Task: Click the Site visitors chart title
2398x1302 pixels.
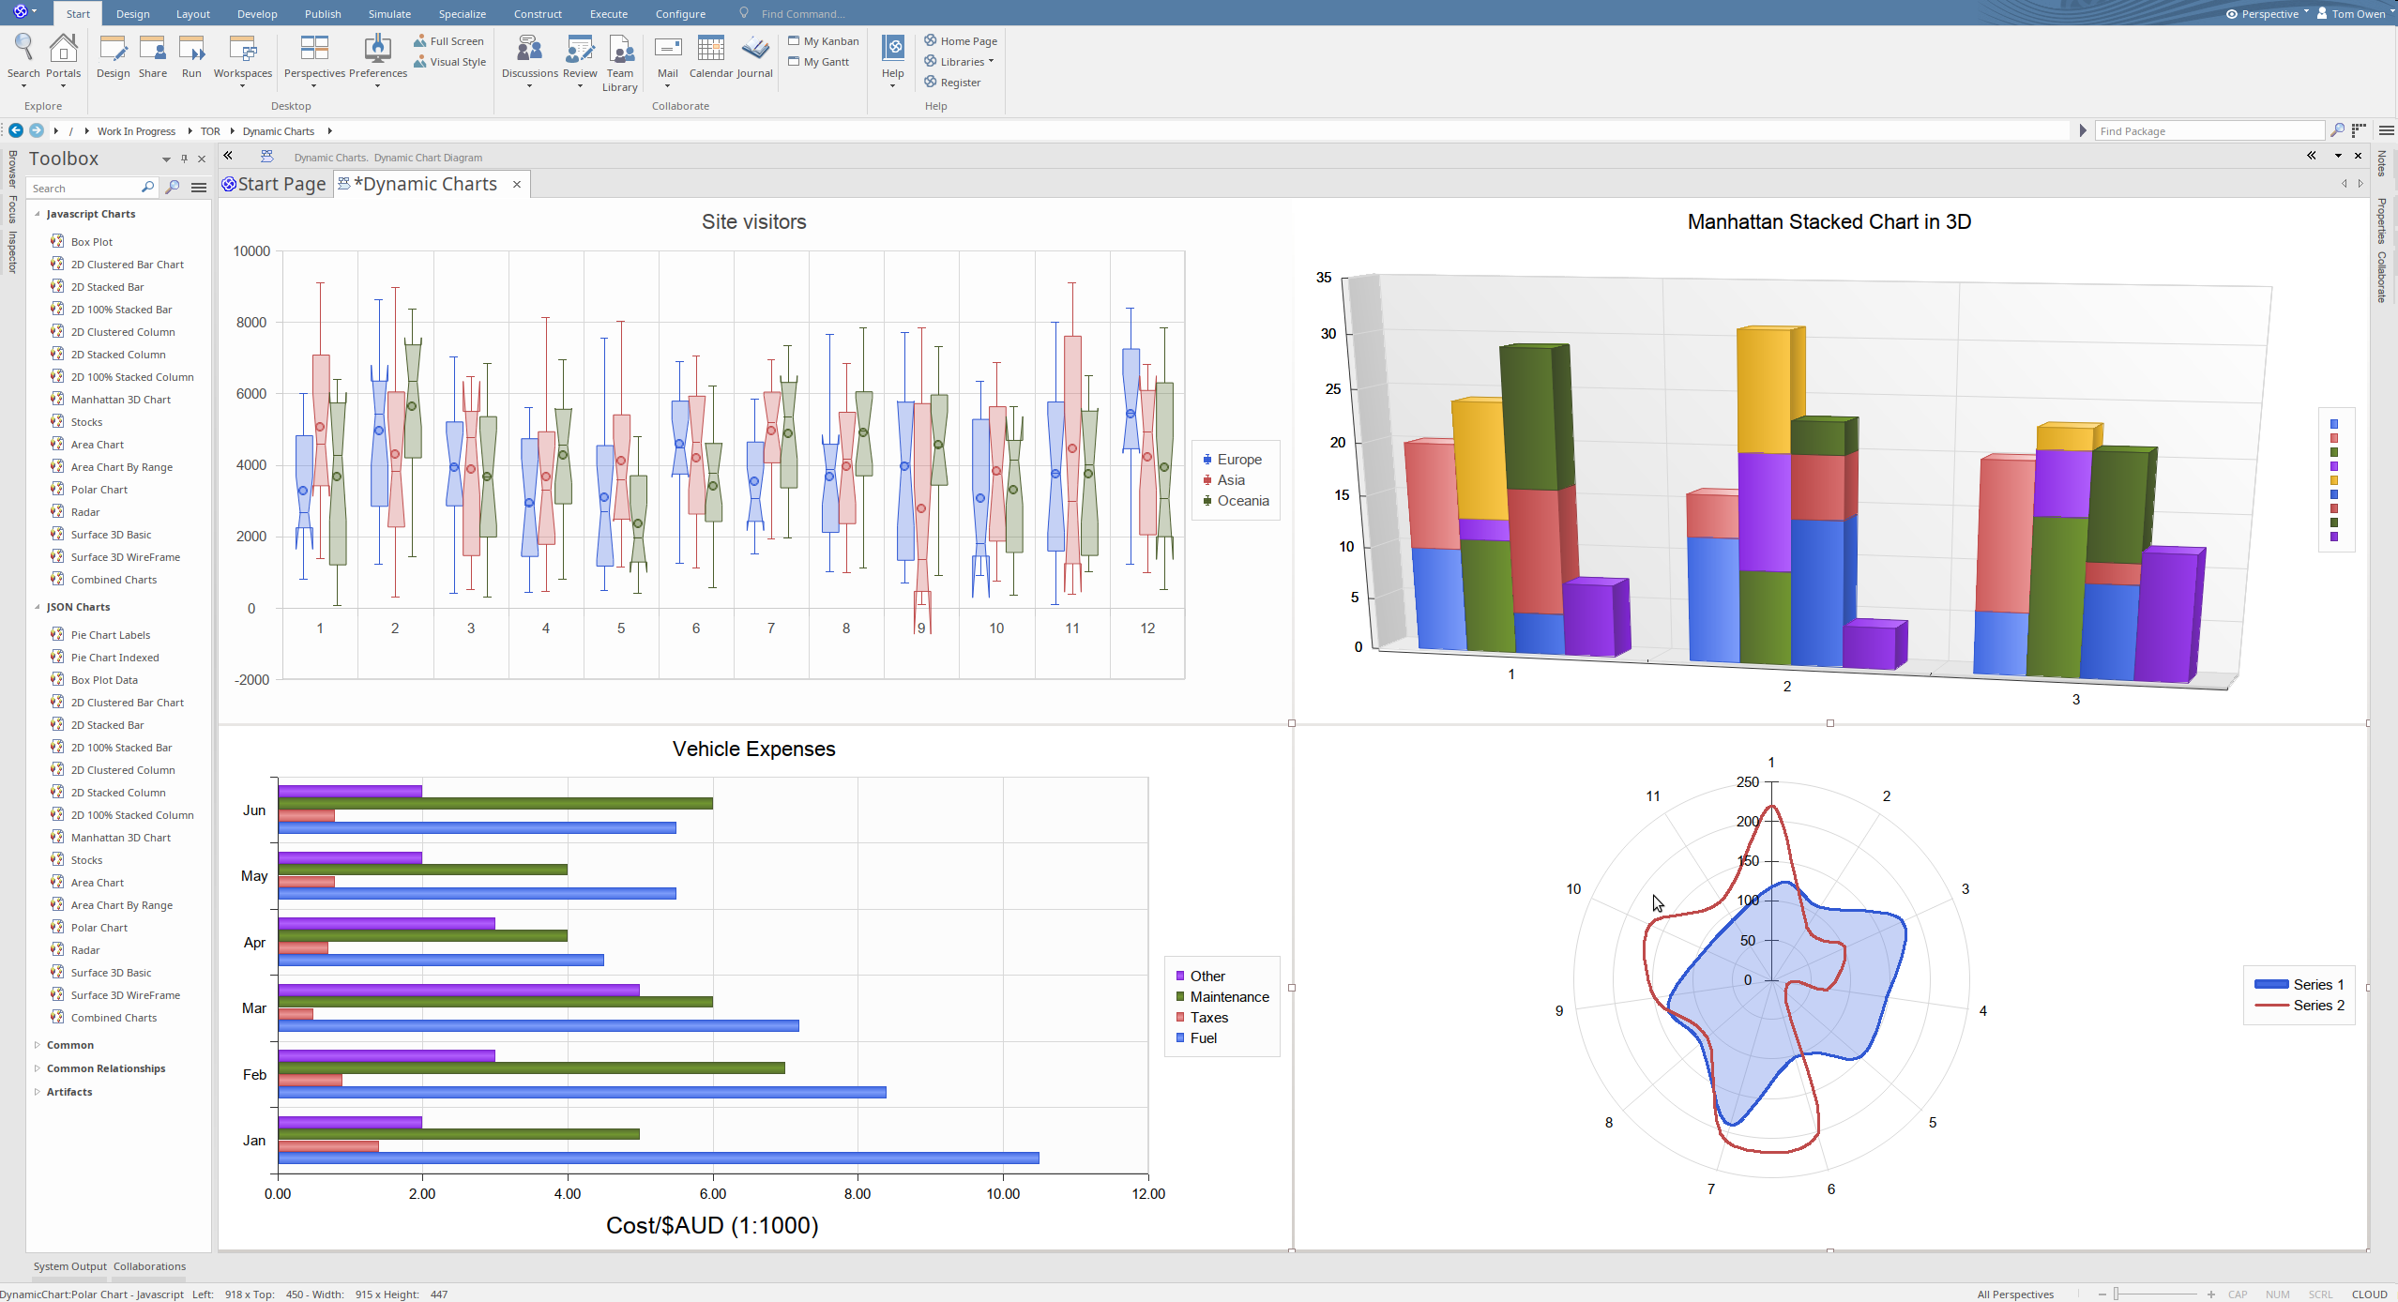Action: [x=753, y=222]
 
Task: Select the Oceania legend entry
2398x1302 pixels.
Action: [x=1242, y=501]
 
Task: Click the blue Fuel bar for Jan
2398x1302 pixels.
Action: [x=657, y=1158]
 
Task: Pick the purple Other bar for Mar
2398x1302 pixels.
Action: [x=459, y=990]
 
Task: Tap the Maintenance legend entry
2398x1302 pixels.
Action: [x=1228, y=997]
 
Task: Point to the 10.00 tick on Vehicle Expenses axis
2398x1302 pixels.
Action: [x=1002, y=1193]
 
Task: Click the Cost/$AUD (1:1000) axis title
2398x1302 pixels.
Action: [x=712, y=1225]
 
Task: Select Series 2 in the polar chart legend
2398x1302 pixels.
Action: [x=2317, y=1006]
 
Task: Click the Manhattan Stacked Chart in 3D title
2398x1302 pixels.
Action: [x=1829, y=222]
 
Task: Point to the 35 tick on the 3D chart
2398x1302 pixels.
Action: [x=1323, y=278]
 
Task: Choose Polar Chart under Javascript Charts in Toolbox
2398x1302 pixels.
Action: [x=99, y=490]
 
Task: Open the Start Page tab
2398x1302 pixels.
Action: [x=281, y=184]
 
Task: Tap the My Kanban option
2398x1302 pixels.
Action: [x=830, y=41]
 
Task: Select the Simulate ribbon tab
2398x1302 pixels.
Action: [x=389, y=14]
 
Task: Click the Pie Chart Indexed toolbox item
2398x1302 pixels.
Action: [x=114, y=658]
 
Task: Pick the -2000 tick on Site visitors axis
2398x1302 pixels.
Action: [x=251, y=680]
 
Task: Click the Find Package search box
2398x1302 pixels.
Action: [x=2209, y=131]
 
